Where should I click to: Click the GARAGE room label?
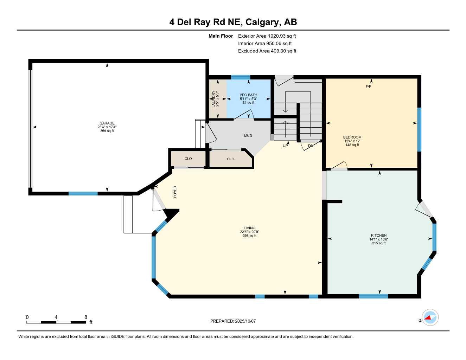pos(107,123)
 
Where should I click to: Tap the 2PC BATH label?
pos(248,95)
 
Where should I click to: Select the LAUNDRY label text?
pos(213,99)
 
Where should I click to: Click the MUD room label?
pos(248,136)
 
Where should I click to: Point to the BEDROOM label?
pos(352,137)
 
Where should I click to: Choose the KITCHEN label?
pos(378,236)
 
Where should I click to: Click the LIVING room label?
pos(249,228)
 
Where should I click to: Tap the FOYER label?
pos(175,192)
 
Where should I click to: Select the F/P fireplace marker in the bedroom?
pos(368,86)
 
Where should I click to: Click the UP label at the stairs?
pos(285,146)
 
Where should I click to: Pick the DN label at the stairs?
pos(311,146)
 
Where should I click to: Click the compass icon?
pos(430,318)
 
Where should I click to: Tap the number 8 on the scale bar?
pos(86,317)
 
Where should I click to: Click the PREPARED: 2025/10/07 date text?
pos(233,321)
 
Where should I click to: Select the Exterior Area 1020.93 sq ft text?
pos(267,36)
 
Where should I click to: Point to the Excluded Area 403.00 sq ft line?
pos(267,51)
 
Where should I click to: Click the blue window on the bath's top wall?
pos(241,77)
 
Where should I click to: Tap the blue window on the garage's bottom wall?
pos(83,193)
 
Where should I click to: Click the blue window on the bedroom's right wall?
pos(419,129)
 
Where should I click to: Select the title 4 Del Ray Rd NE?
pos(205,22)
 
